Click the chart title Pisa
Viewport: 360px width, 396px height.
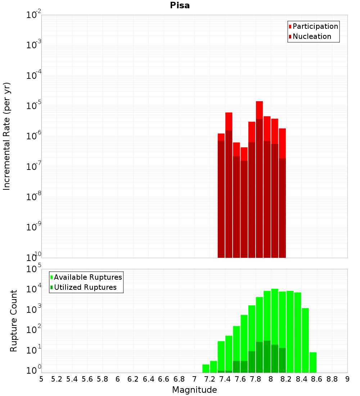pos(180,6)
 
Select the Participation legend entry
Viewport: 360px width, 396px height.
pos(315,27)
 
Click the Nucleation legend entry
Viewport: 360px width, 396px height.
pos(312,37)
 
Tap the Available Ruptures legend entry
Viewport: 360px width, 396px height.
pos(88,278)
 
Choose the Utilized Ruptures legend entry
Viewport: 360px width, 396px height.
pos(85,288)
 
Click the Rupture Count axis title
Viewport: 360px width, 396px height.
pos(14,321)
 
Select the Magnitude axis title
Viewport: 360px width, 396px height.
pos(194,390)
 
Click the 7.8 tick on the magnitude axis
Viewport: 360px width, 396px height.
pos(256,379)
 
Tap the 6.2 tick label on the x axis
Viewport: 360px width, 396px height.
pos(133,379)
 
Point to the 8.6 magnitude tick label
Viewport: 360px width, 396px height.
pos(317,379)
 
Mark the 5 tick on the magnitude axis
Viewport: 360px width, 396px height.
pos(41,379)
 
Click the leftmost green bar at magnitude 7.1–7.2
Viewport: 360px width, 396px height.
pos(206,369)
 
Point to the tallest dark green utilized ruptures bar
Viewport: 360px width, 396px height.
pos(267,356)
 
